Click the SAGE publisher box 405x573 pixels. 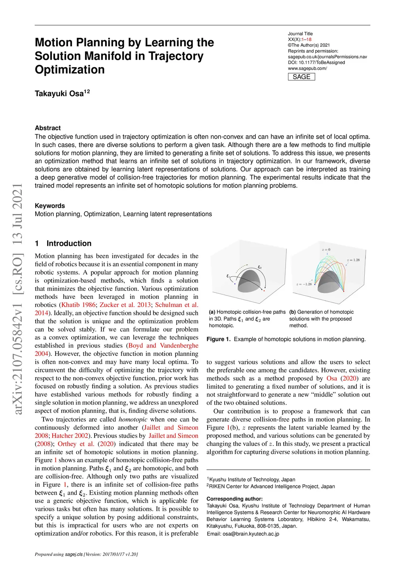[301, 77]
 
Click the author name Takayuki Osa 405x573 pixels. [59, 94]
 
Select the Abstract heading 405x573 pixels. [48, 128]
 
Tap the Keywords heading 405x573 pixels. [50, 206]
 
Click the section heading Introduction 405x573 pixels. [69, 243]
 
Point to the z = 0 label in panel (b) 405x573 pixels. [326, 250]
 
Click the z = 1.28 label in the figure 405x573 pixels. [353, 260]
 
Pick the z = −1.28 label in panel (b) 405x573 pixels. [304, 284]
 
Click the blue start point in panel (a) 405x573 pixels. [235, 284]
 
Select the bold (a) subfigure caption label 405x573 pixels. [212, 312]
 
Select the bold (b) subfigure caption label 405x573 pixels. [293, 312]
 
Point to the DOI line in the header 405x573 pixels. [316, 63]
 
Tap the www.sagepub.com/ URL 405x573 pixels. [307, 68]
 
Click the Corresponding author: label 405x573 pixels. [235, 499]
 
